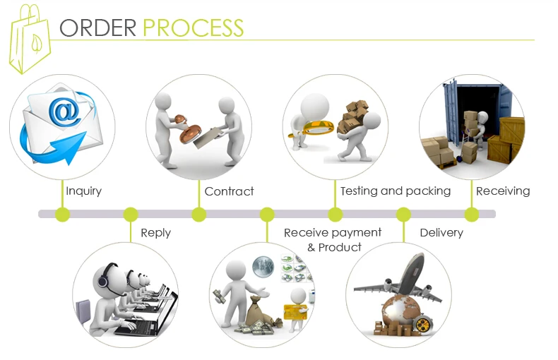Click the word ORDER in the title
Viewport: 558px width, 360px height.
[x=98, y=28]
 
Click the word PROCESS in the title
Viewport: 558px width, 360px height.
[x=194, y=28]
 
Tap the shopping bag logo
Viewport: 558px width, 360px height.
[x=30, y=39]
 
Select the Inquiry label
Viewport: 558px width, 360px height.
[x=83, y=191]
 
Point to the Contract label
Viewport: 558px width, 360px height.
[x=229, y=191]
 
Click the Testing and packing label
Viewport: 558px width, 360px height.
[x=396, y=191]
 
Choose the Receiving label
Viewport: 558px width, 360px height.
[x=503, y=191]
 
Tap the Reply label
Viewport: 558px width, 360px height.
[x=156, y=234]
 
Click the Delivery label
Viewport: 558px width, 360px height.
[x=441, y=233]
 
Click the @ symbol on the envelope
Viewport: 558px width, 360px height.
[x=64, y=111]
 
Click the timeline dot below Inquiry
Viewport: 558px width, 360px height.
[x=63, y=214]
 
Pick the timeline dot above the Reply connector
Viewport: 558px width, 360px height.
[x=131, y=214]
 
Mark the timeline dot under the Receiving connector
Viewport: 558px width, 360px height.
[x=472, y=214]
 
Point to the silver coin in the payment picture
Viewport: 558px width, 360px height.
[x=263, y=266]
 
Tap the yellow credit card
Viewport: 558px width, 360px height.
[x=295, y=312]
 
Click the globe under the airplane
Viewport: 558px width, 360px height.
[x=400, y=310]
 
